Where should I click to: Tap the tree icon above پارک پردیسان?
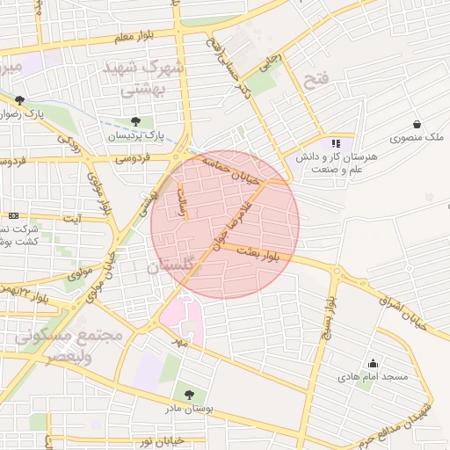[135, 121]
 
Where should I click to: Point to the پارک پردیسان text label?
[136, 135]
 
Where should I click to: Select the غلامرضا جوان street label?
[230, 224]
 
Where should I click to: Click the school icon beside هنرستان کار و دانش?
[334, 143]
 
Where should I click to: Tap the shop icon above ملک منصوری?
[416, 124]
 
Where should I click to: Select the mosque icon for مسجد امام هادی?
[374, 363]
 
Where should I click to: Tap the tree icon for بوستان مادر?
[187, 395]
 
